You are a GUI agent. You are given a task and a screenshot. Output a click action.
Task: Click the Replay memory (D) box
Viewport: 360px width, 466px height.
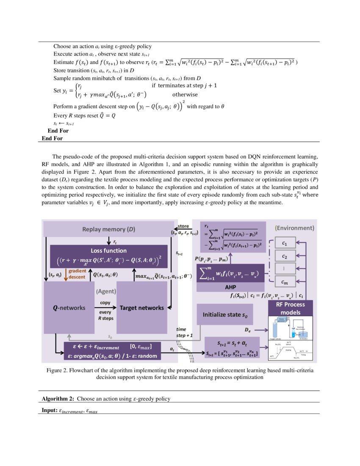click(x=108, y=229)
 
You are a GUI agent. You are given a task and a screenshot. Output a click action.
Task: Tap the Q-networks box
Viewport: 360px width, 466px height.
click(x=68, y=308)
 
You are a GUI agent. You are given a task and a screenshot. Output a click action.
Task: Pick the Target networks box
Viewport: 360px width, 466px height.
click(x=141, y=308)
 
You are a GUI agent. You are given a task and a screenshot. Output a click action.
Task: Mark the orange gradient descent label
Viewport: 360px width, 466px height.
click(x=77, y=274)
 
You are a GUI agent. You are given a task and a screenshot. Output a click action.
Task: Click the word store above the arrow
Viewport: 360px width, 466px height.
click(x=183, y=226)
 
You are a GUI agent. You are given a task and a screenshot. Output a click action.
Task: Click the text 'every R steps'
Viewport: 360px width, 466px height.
click(x=105, y=315)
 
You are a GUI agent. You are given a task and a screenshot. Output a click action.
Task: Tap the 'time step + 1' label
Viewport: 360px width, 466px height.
click(x=184, y=332)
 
